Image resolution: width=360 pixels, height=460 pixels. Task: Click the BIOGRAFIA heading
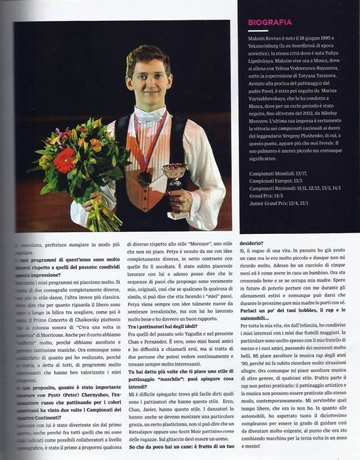point(270,22)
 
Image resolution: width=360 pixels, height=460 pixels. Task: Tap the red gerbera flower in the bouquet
point(64,160)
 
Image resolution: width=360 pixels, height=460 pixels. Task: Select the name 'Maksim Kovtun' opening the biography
point(267,41)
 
